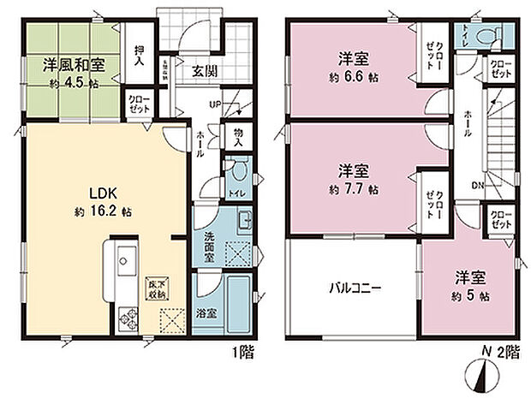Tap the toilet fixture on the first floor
tap(240, 169)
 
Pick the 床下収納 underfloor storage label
tap(156, 288)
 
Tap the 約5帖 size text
tap(472, 295)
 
